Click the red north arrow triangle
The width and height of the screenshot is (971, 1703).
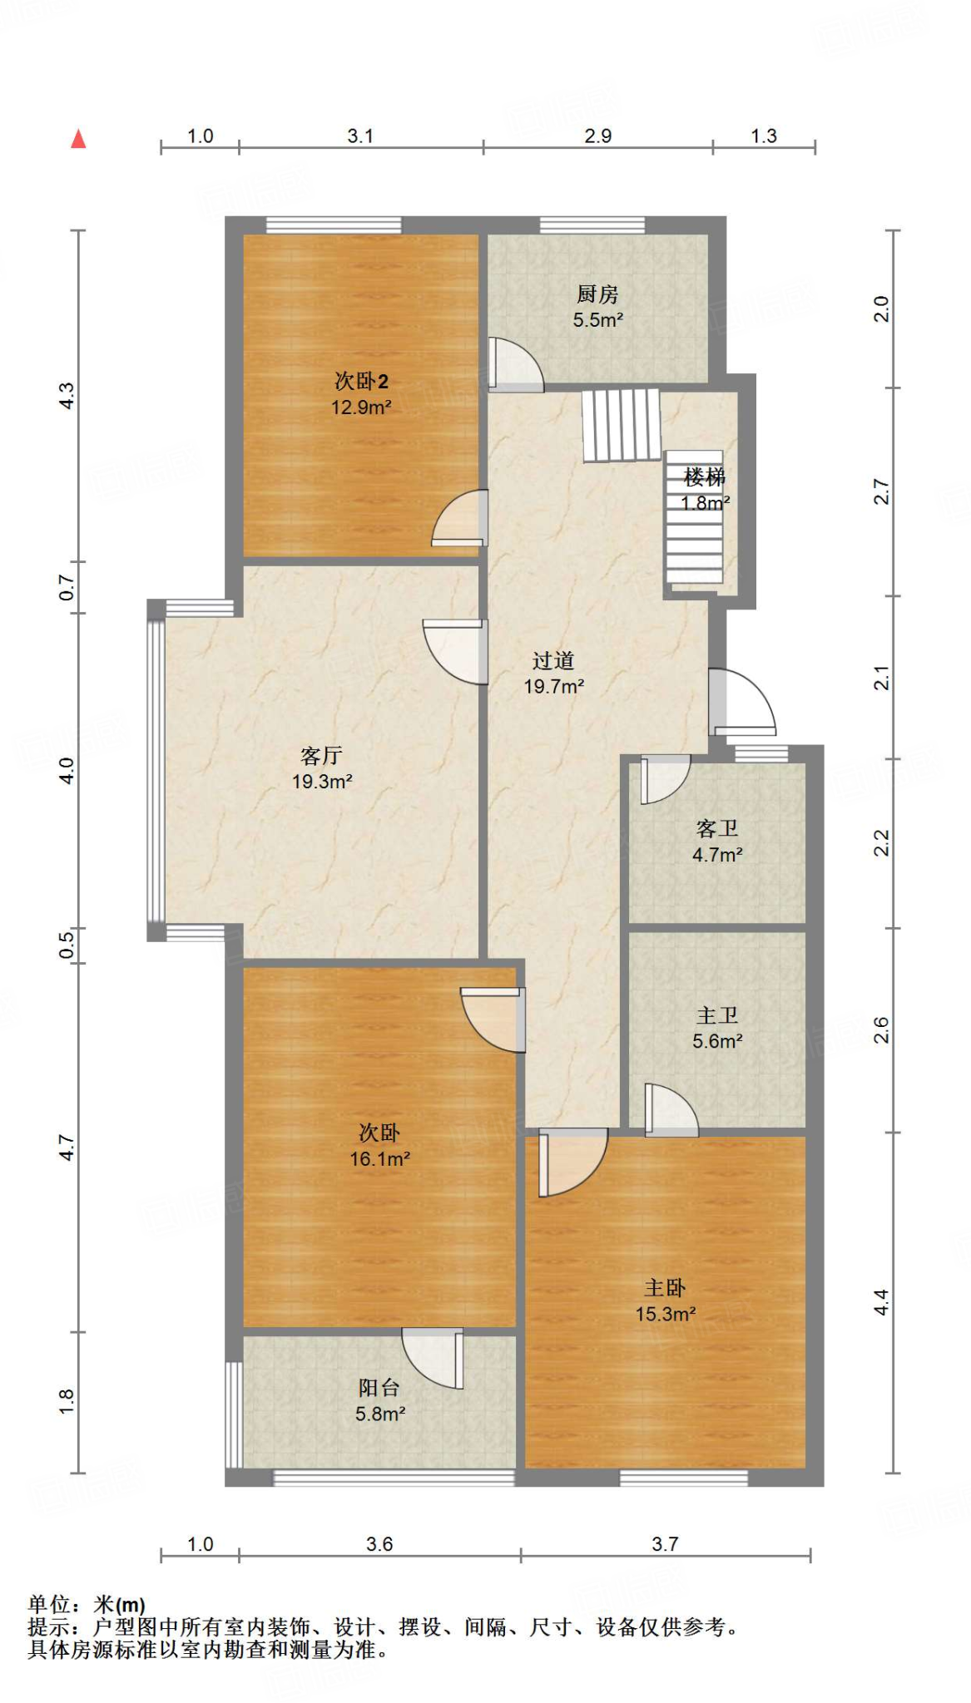click(78, 139)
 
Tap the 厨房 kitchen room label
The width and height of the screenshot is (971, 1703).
click(597, 294)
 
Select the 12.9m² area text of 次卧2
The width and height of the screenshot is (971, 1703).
click(361, 407)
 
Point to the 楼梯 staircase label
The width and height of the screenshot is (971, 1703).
click(705, 477)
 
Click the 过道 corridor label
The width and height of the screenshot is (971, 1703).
click(553, 661)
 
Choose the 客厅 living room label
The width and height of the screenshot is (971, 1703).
click(321, 756)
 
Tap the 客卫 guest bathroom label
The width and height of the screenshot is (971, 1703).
click(717, 829)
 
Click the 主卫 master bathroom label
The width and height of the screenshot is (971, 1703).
click(717, 1015)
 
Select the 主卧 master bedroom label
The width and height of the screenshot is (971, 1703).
click(665, 1288)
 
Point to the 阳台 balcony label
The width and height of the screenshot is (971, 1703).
click(379, 1388)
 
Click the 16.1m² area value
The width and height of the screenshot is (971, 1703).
click(379, 1159)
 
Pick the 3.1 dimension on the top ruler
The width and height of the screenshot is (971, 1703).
click(360, 136)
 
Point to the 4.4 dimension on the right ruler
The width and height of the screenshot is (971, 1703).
click(881, 1302)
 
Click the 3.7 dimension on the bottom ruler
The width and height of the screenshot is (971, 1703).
click(665, 1544)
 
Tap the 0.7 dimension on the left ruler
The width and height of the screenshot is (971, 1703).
click(67, 588)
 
